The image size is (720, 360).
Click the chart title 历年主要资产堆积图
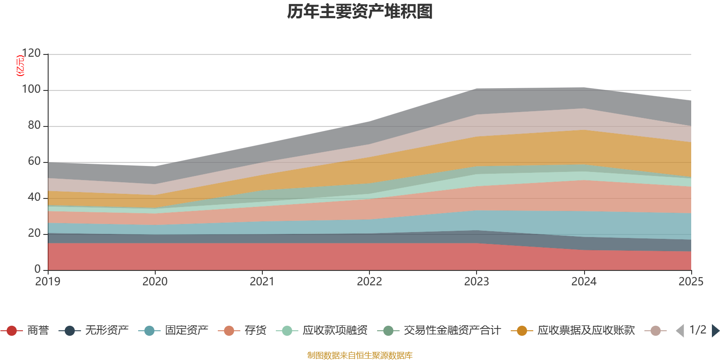click(360, 12)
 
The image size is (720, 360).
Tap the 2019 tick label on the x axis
click(48, 282)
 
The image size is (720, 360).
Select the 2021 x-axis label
click(262, 282)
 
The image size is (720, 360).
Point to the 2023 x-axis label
click(477, 282)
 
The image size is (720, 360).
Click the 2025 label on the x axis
click(691, 282)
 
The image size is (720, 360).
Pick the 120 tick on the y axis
click(31, 54)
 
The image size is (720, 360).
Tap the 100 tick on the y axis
click(31, 90)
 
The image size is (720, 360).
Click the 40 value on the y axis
click(34, 198)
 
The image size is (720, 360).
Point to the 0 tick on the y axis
click(38, 269)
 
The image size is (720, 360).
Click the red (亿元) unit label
click(20, 66)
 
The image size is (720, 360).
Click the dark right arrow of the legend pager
click(715, 331)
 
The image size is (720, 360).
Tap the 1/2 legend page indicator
click(697, 330)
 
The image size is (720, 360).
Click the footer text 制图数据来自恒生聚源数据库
click(360, 355)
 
